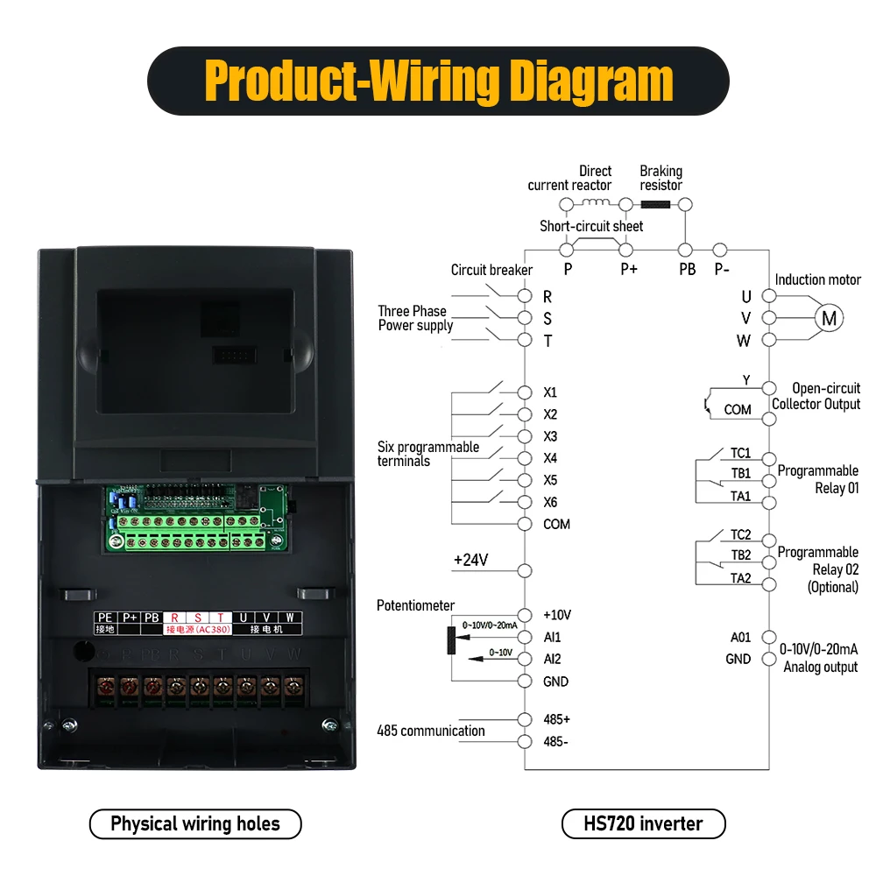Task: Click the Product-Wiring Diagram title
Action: tap(438, 81)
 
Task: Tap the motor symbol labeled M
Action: tap(828, 319)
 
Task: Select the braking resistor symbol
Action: tap(655, 204)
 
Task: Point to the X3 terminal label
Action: tap(550, 436)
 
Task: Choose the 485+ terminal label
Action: tap(556, 719)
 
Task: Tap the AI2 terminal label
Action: tap(552, 659)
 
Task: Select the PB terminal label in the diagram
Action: tap(688, 270)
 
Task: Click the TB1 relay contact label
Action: tap(741, 473)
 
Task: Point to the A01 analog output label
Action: tap(741, 637)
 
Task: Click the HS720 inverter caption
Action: tap(643, 823)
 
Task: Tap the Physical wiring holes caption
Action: tap(195, 823)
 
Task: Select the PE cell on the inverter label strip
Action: tap(105, 618)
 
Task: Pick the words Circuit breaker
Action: tap(491, 270)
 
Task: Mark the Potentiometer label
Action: tap(416, 605)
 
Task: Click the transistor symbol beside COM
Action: tap(707, 404)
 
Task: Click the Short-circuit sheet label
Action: tap(591, 226)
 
